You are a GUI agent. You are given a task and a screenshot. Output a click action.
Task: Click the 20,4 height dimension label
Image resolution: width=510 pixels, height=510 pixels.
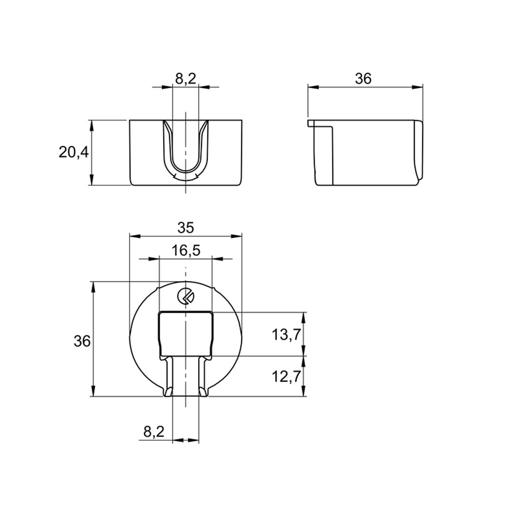[x=74, y=152]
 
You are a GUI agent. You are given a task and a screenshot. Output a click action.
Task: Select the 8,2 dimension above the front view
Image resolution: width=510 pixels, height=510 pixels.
[x=186, y=79]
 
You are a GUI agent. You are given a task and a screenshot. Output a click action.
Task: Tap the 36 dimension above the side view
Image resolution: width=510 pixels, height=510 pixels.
[x=363, y=79]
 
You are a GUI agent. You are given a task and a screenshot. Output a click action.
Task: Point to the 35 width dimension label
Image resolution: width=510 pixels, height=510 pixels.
[x=186, y=228]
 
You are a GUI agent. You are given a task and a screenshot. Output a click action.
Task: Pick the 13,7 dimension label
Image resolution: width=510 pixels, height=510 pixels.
[x=286, y=334]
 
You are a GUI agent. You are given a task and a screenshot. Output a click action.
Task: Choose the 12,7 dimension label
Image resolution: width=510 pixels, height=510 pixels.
[x=286, y=377]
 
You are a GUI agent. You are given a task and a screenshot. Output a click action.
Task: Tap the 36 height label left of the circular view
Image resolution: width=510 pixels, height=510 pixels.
[x=82, y=341]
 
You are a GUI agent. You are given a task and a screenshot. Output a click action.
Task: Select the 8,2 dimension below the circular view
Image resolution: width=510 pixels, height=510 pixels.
[x=154, y=432]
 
